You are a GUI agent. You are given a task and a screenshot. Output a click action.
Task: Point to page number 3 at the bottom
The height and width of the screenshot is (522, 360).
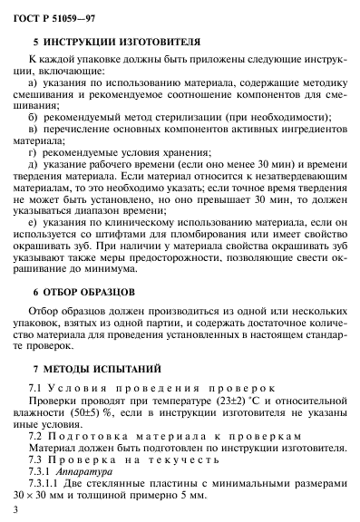pyautogui.click(x=18, y=512)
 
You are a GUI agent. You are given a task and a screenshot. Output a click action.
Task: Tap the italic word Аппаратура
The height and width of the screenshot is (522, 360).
pyautogui.click(x=84, y=472)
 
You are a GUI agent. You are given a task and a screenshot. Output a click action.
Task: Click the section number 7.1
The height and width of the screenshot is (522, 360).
pyautogui.click(x=37, y=391)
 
